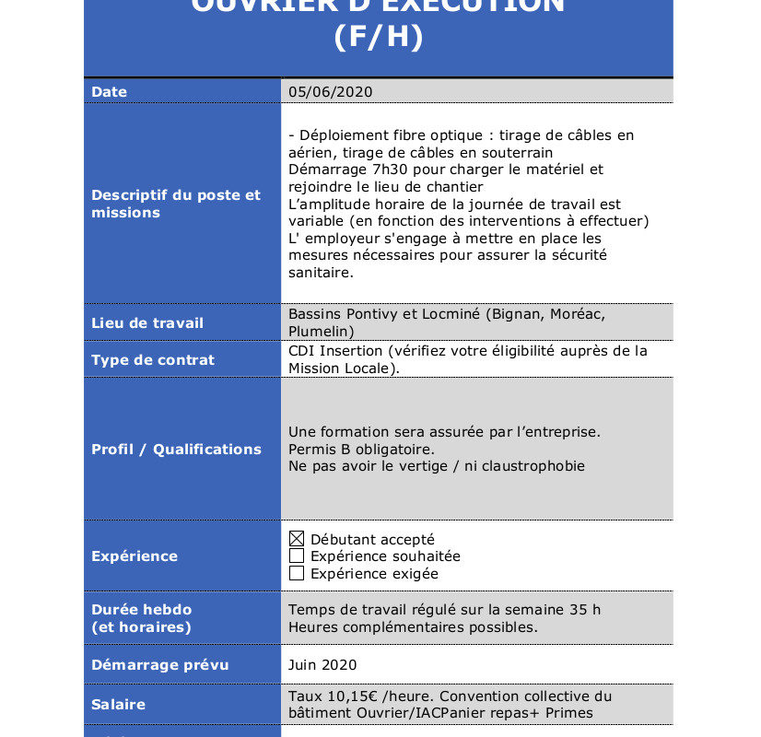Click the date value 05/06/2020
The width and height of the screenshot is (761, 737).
[330, 91]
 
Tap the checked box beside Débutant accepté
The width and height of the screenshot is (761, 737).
[297, 539]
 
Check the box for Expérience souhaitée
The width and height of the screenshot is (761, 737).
[297, 556]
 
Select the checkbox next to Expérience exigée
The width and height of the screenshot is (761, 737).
[297, 574]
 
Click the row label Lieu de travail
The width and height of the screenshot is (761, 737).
[147, 323]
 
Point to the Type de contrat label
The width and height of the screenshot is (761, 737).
[153, 360]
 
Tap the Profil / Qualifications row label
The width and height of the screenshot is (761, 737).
[176, 450]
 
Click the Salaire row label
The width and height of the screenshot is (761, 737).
[119, 704]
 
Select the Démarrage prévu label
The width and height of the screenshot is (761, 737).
[160, 665]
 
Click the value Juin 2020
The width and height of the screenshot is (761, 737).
[322, 665]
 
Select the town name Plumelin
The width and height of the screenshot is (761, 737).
[318, 332]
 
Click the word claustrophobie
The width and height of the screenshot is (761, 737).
[535, 466]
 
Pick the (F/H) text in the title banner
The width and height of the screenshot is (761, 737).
[379, 38]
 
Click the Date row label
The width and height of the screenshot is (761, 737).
[110, 92]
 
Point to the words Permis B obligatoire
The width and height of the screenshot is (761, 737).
[361, 449]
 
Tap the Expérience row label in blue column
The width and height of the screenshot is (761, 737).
[135, 556]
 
